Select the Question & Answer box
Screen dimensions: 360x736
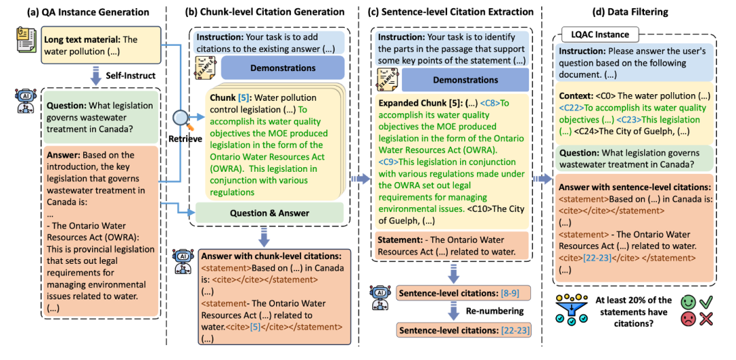click(x=270, y=213)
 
